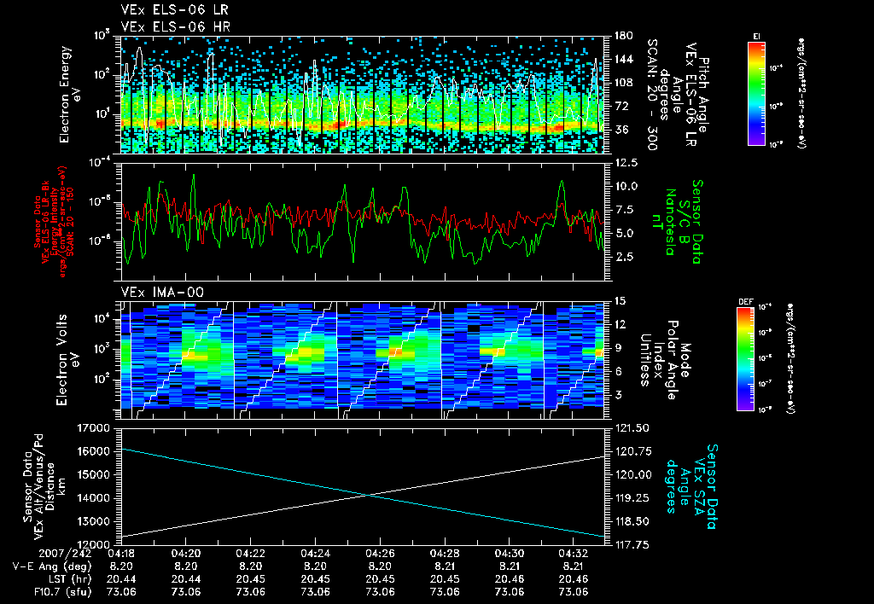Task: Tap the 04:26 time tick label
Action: coord(380,553)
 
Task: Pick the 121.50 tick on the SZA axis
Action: coord(632,427)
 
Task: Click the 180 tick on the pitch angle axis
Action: coord(622,35)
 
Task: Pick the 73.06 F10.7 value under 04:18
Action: coord(121,592)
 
